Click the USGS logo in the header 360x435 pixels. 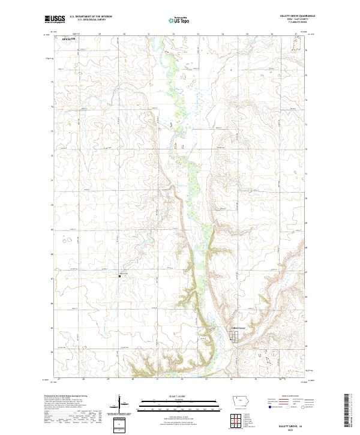point(55,19)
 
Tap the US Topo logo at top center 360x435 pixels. point(180,20)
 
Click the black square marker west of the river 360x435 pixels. point(119,277)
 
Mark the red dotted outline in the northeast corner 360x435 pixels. point(295,42)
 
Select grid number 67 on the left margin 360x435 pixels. point(52,278)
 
